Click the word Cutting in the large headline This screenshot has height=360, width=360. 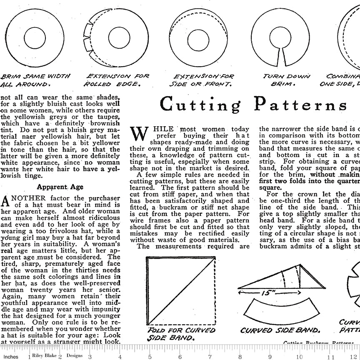pos(200,105)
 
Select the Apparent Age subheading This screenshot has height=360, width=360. pos(60,187)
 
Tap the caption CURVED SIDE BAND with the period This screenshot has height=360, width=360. pos(280,330)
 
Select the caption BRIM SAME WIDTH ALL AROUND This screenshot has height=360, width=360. pos(35,80)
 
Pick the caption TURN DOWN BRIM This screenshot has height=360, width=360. pos(286,80)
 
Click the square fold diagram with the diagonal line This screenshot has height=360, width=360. pos(180,290)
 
